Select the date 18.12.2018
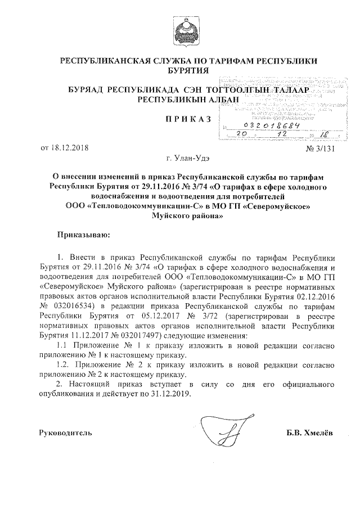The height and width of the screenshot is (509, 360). click(x=69, y=148)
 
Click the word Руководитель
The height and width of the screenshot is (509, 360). click(x=65, y=433)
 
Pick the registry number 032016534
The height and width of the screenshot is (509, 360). click(x=71, y=306)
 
